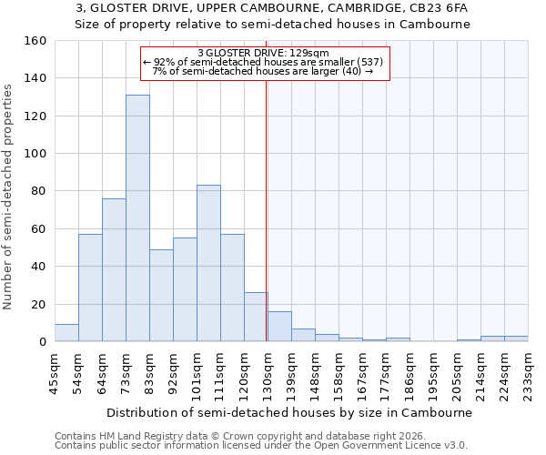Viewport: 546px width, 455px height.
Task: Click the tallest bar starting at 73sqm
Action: pos(137,218)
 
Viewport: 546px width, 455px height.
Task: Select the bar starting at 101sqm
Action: pos(208,264)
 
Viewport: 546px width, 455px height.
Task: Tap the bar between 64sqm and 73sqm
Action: pos(114,270)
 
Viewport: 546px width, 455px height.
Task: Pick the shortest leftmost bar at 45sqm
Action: pos(66,333)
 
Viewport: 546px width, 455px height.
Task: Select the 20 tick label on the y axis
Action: pos(39,305)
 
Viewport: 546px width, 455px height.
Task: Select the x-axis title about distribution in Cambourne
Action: pos(288,412)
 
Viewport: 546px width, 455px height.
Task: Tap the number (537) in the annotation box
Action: pos(369,62)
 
